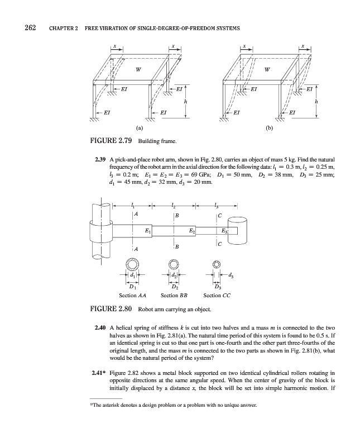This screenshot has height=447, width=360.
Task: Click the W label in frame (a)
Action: pos(138,70)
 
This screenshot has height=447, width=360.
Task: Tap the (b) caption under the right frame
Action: pos(271,127)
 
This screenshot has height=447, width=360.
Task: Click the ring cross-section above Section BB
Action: pos(174,265)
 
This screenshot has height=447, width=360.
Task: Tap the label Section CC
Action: pos(217,296)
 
